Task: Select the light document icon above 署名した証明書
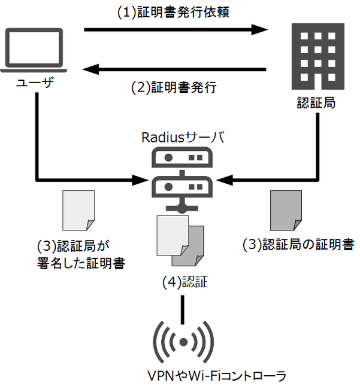click(x=78, y=211)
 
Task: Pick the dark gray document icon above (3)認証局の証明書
click(x=286, y=211)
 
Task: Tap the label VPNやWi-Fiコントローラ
click(x=217, y=376)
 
